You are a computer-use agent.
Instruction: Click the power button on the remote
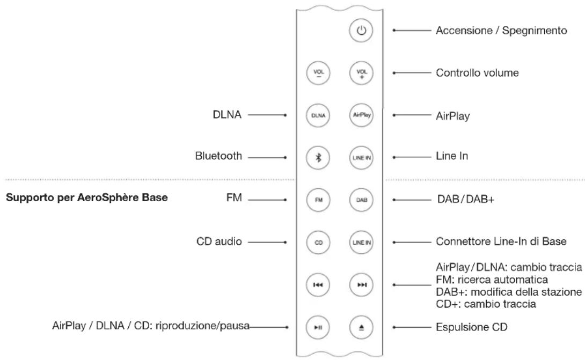(361, 30)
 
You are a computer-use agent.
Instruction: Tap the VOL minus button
(318, 73)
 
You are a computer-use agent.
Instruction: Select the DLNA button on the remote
(318, 115)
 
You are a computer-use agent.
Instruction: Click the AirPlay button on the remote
(361, 115)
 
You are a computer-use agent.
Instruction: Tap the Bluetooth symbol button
(318, 157)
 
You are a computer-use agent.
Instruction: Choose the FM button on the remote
(318, 200)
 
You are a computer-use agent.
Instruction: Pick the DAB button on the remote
(361, 200)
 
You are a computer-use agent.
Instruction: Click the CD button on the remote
(318, 243)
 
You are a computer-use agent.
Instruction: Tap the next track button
(361, 285)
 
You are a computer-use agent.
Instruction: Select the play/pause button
(318, 327)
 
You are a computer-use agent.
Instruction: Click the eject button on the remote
(361, 327)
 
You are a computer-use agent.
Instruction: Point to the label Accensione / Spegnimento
(501, 31)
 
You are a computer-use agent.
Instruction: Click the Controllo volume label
(477, 73)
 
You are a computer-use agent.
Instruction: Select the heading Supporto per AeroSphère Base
(87, 198)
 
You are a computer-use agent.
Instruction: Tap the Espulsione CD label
(472, 327)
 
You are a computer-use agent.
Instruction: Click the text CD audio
(219, 242)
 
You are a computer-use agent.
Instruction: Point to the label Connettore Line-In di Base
(501, 242)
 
